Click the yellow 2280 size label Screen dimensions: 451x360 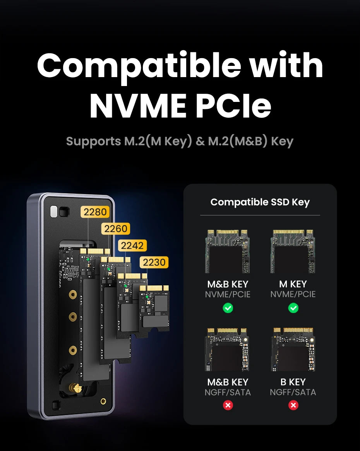click(x=95, y=212)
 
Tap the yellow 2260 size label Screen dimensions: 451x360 click(x=116, y=229)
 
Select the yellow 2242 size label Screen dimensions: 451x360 click(x=132, y=245)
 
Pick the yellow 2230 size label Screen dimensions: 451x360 click(x=154, y=262)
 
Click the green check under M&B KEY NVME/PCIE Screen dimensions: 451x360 click(x=228, y=308)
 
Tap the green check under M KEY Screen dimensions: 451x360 click(x=293, y=308)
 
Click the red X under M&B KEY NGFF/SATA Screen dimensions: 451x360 click(x=228, y=405)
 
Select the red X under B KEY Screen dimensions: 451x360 click(x=293, y=405)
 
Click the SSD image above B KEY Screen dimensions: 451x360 click(x=293, y=349)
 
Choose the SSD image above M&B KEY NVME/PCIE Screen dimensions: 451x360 click(x=228, y=251)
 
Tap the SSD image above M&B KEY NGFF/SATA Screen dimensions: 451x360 click(x=228, y=349)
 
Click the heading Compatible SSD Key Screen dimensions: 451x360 click(x=260, y=202)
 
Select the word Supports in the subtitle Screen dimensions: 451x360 click(x=93, y=141)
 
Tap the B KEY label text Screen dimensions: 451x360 click(x=293, y=382)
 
